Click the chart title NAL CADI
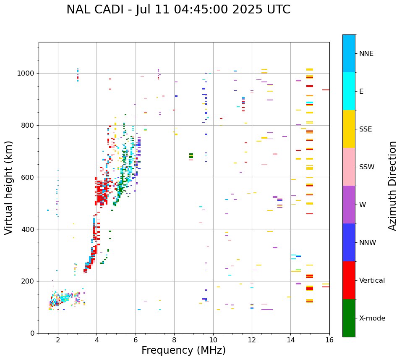coord(178,10)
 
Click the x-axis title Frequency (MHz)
coord(183,350)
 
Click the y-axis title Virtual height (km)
coord(9,188)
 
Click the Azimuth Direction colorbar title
coord(392,186)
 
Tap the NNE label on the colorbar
coord(366,54)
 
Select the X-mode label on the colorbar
coord(372,318)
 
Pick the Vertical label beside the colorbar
coord(372,281)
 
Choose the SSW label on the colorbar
coord(367,167)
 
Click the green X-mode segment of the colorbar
coord(349,318)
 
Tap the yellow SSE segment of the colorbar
coord(349,129)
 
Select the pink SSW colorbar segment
coord(349,167)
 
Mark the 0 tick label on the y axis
coord(32,333)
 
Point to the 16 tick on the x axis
coord(329,339)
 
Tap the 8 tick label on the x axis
coord(174,339)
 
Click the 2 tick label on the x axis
coord(58,339)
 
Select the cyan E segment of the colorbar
coord(349,91)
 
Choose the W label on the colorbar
coord(363,205)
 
